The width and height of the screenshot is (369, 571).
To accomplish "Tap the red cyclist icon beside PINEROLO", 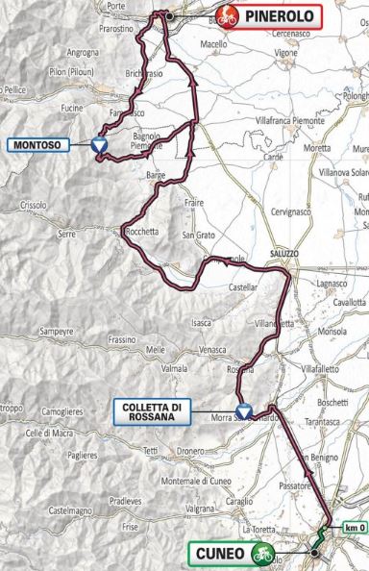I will click(227, 14).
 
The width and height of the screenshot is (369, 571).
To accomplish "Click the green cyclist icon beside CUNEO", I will click(259, 555).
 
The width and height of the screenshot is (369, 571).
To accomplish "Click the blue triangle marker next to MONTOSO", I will click(99, 145).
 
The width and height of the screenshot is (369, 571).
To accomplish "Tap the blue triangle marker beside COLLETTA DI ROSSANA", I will click(242, 408).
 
